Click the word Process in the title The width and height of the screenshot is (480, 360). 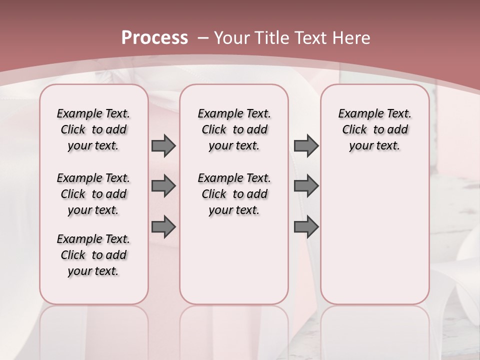154,38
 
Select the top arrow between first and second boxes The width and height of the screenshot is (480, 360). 163,146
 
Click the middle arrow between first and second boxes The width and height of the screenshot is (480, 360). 163,186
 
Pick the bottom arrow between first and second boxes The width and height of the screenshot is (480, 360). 163,226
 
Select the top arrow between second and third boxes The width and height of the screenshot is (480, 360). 306,146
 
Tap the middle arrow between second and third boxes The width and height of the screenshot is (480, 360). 306,186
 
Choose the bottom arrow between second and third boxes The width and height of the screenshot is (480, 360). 306,226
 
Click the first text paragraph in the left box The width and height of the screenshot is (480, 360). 93,129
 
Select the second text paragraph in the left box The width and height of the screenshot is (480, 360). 93,194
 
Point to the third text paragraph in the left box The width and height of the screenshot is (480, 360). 93,255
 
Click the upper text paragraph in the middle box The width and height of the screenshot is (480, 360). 234,129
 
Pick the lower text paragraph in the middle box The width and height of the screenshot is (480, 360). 234,194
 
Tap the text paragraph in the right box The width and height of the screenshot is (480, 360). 375,129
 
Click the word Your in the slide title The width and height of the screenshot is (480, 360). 233,38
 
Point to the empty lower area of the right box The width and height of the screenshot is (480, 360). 375,235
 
